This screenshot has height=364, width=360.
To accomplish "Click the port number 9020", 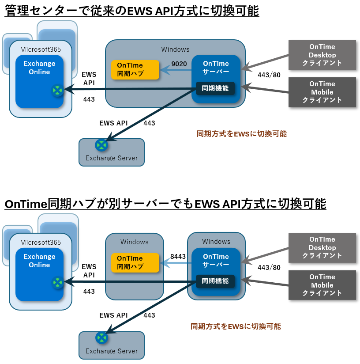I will point(179,64).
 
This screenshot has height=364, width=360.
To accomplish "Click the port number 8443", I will point(178,256).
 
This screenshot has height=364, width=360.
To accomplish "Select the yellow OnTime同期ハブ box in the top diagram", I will point(135,69).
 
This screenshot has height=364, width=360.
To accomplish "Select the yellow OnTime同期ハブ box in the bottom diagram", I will point(135,262).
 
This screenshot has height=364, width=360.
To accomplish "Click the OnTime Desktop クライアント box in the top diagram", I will point(322,55).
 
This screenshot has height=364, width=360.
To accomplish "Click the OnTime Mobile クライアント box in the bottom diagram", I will point(322,285).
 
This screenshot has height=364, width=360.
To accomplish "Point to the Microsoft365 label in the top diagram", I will point(41,49).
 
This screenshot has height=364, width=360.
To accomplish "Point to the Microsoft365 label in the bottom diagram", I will point(41,242).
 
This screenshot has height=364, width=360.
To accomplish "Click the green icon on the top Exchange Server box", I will point(101,145).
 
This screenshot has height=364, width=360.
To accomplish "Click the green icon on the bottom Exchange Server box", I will point(101,338).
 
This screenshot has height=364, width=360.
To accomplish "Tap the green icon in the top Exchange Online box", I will point(57,91).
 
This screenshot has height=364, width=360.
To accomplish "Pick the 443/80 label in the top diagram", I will point(269,75).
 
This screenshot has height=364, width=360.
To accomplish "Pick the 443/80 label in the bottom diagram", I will point(269,267).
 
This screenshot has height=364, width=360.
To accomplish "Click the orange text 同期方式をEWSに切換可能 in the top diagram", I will point(241,133).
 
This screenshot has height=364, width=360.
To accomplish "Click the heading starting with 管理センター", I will point(132,10).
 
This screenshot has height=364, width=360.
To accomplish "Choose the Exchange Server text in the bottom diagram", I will point(112,351).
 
